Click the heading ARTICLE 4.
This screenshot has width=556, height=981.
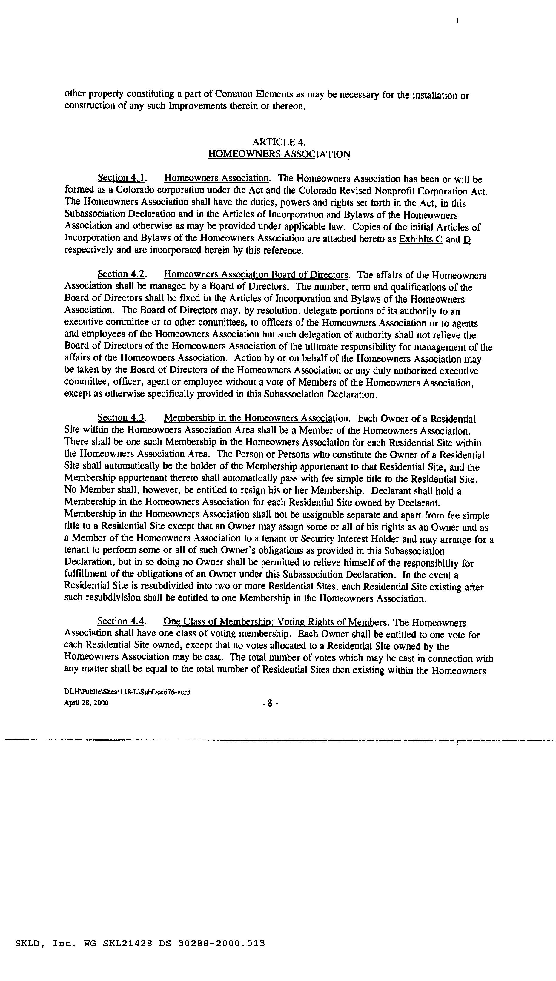[x=279, y=142]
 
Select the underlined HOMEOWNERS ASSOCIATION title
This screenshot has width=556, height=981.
[x=279, y=154]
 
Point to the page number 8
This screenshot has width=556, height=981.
[x=270, y=703]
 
